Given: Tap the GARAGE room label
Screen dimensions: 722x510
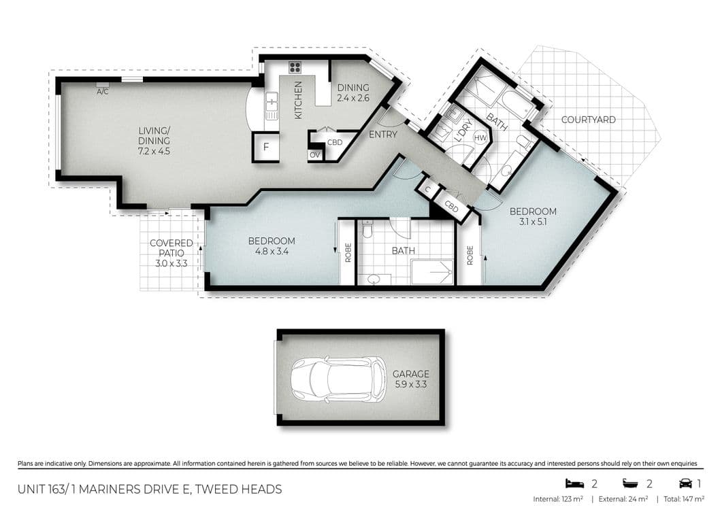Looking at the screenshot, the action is (411, 374).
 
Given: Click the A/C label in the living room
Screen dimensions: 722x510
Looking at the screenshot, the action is (103, 92).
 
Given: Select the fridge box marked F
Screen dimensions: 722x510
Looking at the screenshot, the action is (265, 148).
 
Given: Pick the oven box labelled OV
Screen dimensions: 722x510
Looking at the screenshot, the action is (315, 155).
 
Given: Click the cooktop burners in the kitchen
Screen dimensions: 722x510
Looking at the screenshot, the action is (295, 68).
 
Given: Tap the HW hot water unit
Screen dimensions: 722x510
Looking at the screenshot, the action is (480, 137).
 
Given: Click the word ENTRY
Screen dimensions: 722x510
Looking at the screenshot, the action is (382, 135).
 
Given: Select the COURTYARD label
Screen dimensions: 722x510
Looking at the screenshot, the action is (588, 120).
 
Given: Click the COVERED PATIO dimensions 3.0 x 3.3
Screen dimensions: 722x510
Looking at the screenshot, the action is (171, 264).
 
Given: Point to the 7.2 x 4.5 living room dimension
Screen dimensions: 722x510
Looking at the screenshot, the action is (154, 151).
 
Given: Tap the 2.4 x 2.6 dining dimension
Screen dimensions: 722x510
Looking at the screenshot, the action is (353, 98).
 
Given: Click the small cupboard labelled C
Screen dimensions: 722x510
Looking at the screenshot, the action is (428, 189).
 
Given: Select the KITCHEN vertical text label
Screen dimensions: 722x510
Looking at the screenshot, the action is (298, 101).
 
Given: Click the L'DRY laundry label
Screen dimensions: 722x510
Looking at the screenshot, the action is (462, 131).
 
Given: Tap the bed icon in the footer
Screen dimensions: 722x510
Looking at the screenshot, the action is (574, 483).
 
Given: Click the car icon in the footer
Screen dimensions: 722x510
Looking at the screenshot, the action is (685, 483).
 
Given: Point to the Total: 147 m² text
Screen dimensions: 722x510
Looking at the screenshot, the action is (684, 499).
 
